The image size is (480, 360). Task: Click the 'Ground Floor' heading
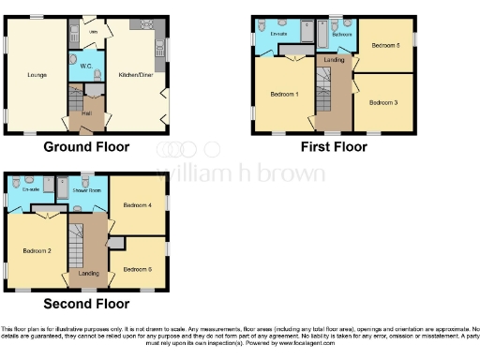click(x=85, y=147)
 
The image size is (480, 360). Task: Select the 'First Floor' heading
click(x=332, y=147)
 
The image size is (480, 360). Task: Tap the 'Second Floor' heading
click(x=86, y=303)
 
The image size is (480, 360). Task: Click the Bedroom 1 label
click(x=284, y=95)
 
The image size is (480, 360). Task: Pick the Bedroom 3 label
click(x=382, y=101)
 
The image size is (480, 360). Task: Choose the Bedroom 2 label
click(x=36, y=250)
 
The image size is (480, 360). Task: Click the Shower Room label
click(x=87, y=188)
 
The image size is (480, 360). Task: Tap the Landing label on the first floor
click(x=334, y=60)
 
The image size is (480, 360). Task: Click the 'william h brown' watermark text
click(x=240, y=174)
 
